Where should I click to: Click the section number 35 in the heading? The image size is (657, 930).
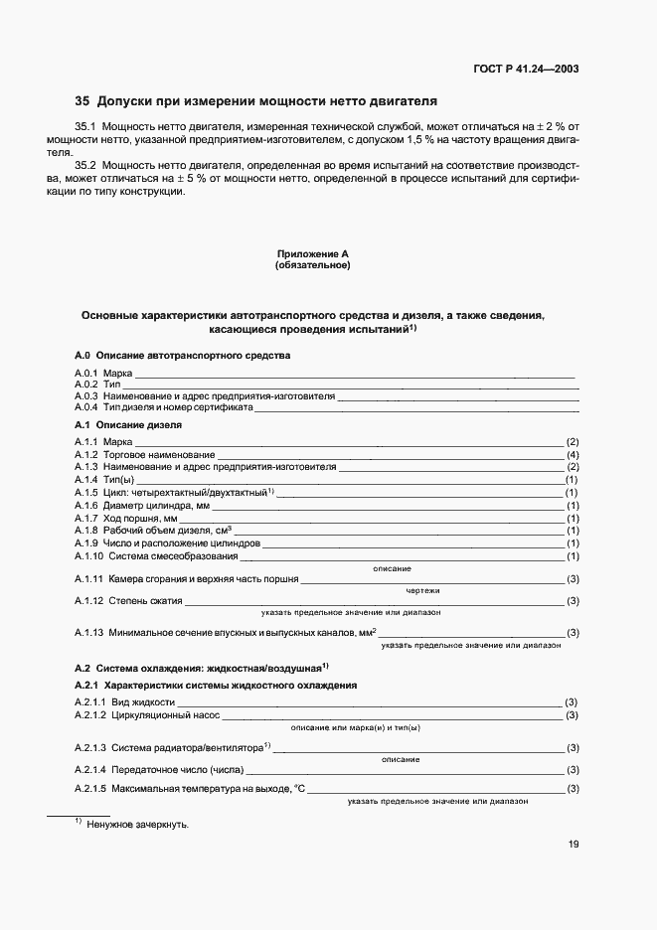click(82, 101)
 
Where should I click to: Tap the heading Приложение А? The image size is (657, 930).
click(312, 254)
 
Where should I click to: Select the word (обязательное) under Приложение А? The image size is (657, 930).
click(312, 265)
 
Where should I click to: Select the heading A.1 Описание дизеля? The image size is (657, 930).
click(127, 424)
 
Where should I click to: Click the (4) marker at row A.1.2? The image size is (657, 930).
click(573, 454)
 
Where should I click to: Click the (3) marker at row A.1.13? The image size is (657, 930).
click(573, 633)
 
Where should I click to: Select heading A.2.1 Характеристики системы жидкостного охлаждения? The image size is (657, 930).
click(216, 686)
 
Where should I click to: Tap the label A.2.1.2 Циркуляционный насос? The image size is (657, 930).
click(146, 715)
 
